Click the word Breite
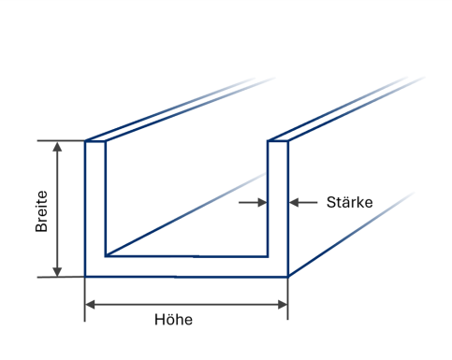click(x=41, y=211)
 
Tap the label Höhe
click(x=173, y=320)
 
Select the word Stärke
click(x=349, y=202)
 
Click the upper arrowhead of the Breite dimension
click(x=57, y=147)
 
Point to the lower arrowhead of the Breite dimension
click(x=57, y=271)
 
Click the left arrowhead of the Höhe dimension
click(x=90, y=305)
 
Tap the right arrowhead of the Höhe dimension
click(x=283, y=305)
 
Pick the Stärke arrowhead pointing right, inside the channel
click(x=262, y=202)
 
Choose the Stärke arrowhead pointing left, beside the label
click(x=294, y=202)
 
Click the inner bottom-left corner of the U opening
click(x=106, y=256)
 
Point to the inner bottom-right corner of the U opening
click(x=268, y=256)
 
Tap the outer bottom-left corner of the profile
click(x=85, y=277)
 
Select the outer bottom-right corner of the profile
click(x=288, y=277)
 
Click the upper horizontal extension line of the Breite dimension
click(x=61, y=141)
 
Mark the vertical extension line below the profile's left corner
click(x=84, y=299)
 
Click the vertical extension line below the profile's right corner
click(x=287, y=298)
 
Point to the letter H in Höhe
click(x=159, y=320)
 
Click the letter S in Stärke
click(x=331, y=202)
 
